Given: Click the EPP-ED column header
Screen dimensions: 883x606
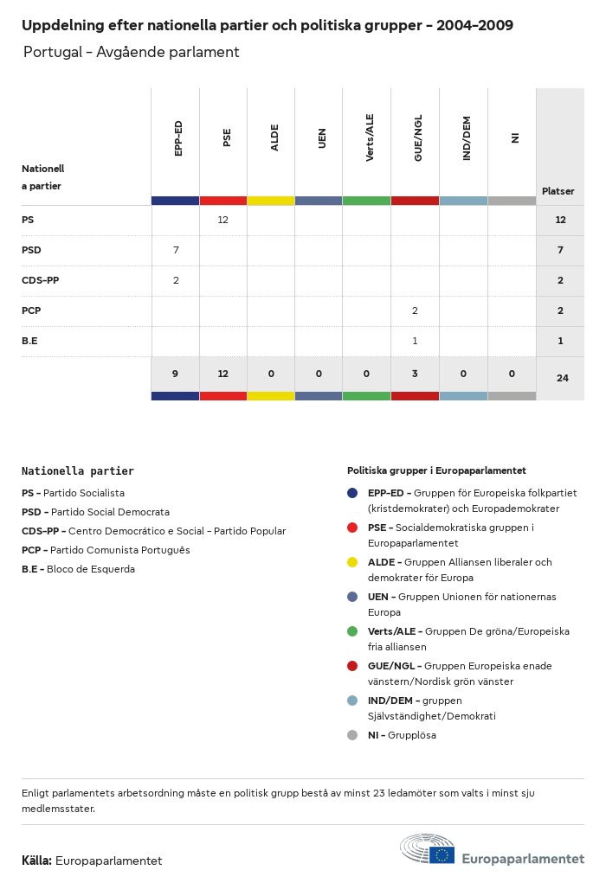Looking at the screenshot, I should [178, 138].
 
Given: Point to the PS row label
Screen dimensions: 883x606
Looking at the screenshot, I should [28, 220].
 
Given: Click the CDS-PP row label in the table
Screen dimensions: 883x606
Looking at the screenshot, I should [40, 280].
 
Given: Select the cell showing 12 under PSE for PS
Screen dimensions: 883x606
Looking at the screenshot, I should [222, 220].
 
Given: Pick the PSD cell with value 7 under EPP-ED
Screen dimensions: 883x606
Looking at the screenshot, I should [175, 250].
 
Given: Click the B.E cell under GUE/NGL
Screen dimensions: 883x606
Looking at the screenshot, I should [415, 341].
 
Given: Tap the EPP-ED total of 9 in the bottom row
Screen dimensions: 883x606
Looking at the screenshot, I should [175, 374].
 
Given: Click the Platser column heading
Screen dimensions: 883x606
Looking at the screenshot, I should [558, 191].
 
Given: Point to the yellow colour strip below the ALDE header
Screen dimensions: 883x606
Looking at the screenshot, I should [270, 201].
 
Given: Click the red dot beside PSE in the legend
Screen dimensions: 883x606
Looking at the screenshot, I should [351, 528].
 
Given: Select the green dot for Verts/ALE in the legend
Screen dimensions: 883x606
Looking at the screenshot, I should [351, 631].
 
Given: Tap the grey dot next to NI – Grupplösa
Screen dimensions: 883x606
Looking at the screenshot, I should [351, 735].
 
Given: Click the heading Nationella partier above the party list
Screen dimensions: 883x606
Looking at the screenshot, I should [78, 471].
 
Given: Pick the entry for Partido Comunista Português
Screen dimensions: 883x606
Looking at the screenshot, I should [106, 550].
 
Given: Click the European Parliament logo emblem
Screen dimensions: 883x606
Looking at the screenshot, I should [428, 849].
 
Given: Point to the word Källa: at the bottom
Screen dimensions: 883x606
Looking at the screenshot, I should [36, 861].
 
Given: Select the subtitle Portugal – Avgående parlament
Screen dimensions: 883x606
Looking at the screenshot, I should [131, 52].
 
